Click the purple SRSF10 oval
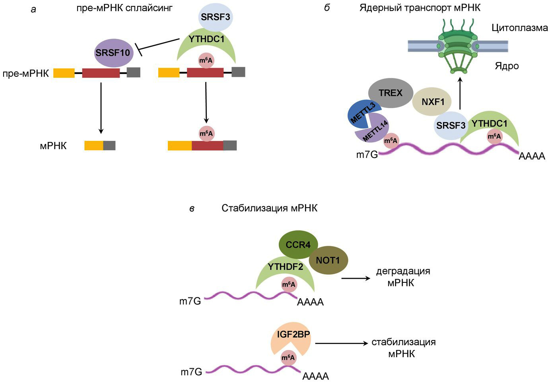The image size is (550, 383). [x=113, y=52]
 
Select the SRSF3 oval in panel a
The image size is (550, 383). [x=215, y=17]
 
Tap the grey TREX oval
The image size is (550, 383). [x=390, y=93]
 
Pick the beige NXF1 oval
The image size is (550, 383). [x=433, y=102]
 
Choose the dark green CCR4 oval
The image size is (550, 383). [x=298, y=245]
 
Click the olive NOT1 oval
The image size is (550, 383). [x=328, y=261]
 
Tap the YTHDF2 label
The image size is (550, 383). [x=286, y=266]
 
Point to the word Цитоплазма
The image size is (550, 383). [x=519, y=28]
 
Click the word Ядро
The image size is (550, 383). [x=507, y=66]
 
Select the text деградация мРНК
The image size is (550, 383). [x=403, y=277]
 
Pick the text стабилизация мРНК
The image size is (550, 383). [x=403, y=348]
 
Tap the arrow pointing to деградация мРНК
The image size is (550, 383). [x=356, y=278]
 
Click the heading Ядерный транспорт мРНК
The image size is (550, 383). [x=420, y=8]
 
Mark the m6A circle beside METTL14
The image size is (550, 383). [x=391, y=140]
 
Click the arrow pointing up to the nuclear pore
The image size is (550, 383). [x=460, y=93]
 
